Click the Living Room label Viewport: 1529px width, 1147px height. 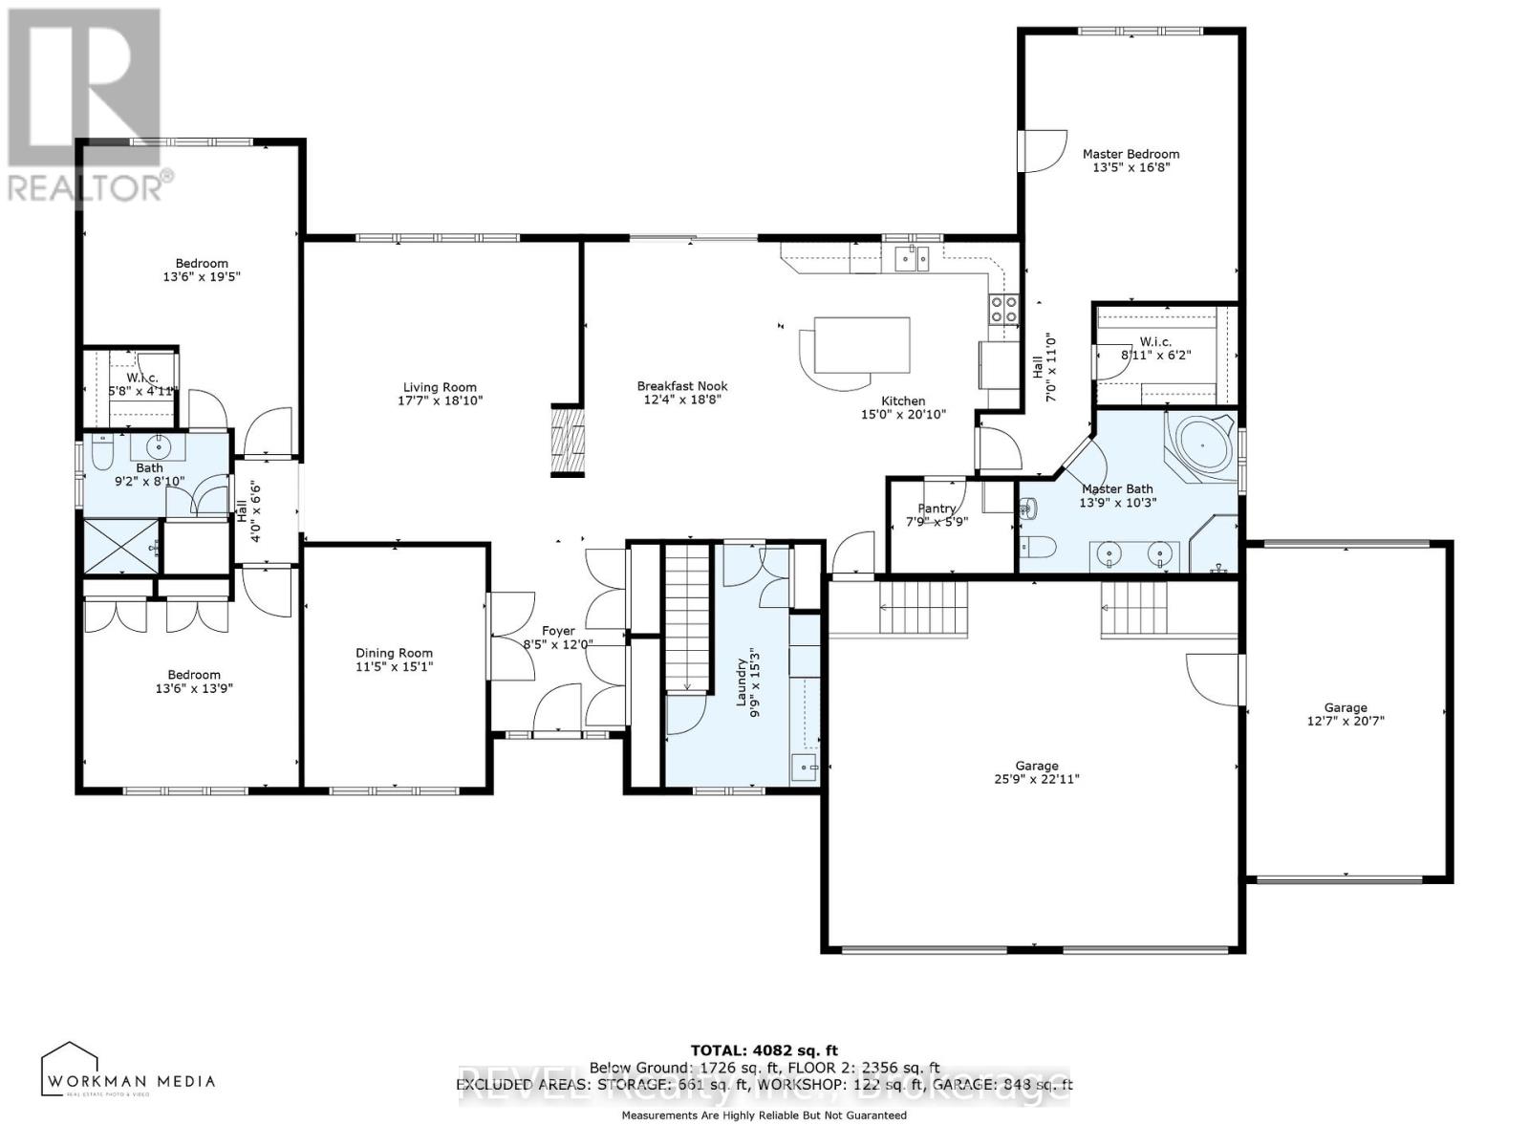click(x=440, y=387)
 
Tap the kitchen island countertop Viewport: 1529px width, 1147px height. click(x=861, y=345)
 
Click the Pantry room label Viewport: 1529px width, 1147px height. click(x=937, y=509)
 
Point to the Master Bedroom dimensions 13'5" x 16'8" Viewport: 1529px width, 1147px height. click(x=1131, y=167)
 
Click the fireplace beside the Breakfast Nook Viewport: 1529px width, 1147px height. click(x=568, y=441)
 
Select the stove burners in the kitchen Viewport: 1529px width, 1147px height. click(x=1002, y=310)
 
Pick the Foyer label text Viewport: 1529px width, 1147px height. click(x=558, y=631)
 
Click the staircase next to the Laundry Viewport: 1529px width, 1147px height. click(x=688, y=617)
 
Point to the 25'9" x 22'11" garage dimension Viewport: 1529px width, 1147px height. click(x=1037, y=779)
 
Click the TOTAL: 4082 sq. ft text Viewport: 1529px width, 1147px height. click(x=764, y=1050)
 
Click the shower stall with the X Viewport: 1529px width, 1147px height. click(x=120, y=547)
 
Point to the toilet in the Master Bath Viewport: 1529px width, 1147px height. click(x=1037, y=547)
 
